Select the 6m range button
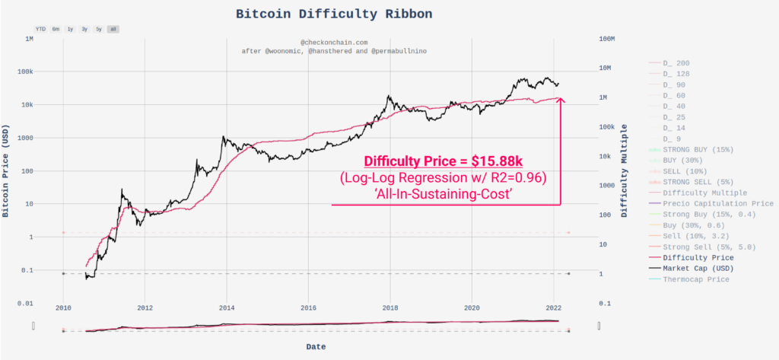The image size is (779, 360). pyautogui.click(x=56, y=29)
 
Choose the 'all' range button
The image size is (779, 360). pyautogui.click(x=113, y=29)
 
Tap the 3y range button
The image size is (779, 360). pyautogui.click(x=84, y=29)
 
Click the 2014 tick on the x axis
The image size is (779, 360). pyautogui.click(x=227, y=308)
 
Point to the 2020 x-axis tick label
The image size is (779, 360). pyautogui.click(x=472, y=308)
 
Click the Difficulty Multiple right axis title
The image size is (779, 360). pyautogui.click(x=624, y=171)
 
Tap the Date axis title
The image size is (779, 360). pyautogui.click(x=316, y=346)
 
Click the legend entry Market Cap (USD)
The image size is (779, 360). pyautogui.click(x=697, y=269)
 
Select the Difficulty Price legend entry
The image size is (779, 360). pyautogui.click(x=697, y=258)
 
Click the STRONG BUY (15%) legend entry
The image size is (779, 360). pyautogui.click(x=697, y=150)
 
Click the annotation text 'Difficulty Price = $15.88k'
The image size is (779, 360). pyautogui.click(x=443, y=161)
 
